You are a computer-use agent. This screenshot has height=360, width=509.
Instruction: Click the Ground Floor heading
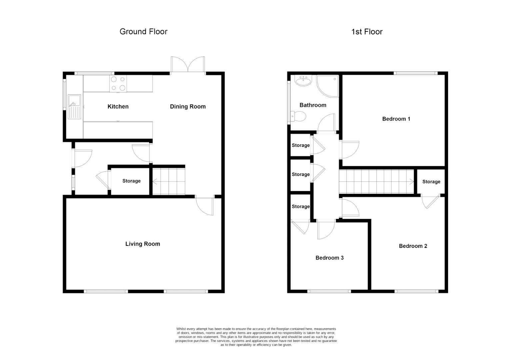pos(143,32)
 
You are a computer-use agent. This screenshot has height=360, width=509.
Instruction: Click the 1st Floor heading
pos(367,32)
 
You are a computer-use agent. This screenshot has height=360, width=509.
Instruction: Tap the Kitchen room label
pos(118,107)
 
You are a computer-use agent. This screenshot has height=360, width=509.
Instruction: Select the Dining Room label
pos(188,107)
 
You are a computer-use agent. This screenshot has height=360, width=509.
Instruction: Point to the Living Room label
pos(143,244)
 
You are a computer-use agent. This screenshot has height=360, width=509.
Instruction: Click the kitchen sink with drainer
pos(74,107)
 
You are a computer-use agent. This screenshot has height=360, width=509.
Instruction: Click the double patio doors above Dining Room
pos(188,65)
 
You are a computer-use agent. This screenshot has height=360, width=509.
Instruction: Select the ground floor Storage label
pos(131,181)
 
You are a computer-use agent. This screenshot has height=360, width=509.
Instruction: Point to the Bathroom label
pos(313,105)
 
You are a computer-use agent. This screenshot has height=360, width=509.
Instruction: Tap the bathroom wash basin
pos(303,81)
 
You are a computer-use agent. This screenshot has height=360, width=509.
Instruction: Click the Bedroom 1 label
pos(396,119)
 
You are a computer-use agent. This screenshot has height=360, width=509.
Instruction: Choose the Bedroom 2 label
pos(413,246)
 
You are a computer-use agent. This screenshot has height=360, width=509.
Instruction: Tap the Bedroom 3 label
pos(329,258)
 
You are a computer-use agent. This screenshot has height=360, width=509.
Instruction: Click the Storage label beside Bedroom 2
pos(431,182)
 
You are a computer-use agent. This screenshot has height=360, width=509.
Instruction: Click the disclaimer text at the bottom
pos(256,337)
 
